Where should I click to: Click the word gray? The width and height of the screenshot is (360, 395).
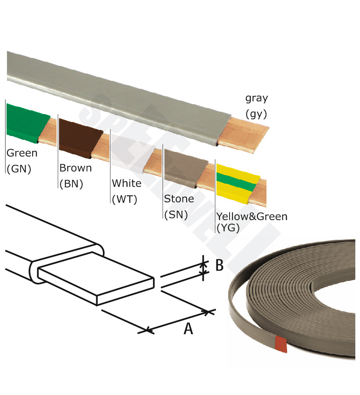(x=257, y=99)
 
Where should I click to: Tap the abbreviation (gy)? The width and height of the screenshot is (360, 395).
(x=256, y=114)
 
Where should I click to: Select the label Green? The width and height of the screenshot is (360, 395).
(x=22, y=153)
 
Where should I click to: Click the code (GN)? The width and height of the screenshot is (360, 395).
(x=19, y=168)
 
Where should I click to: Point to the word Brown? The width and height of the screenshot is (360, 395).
(x=75, y=168)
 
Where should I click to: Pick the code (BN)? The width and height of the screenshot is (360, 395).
(x=71, y=183)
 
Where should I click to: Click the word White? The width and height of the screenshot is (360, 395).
(x=126, y=183)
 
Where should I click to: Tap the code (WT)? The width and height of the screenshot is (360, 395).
(x=124, y=199)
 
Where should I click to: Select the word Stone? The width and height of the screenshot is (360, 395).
(x=179, y=199)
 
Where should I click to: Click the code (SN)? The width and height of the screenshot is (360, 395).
(x=176, y=215)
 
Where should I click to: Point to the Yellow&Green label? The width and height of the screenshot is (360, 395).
(x=252, y=216)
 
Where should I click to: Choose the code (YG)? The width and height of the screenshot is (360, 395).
(x=228, y=228)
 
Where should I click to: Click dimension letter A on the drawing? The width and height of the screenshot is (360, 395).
(x=188, y=329)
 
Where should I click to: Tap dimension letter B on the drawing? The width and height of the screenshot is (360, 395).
(x=219, y=265)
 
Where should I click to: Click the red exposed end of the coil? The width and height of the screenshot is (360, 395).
(x=281, y=344)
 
